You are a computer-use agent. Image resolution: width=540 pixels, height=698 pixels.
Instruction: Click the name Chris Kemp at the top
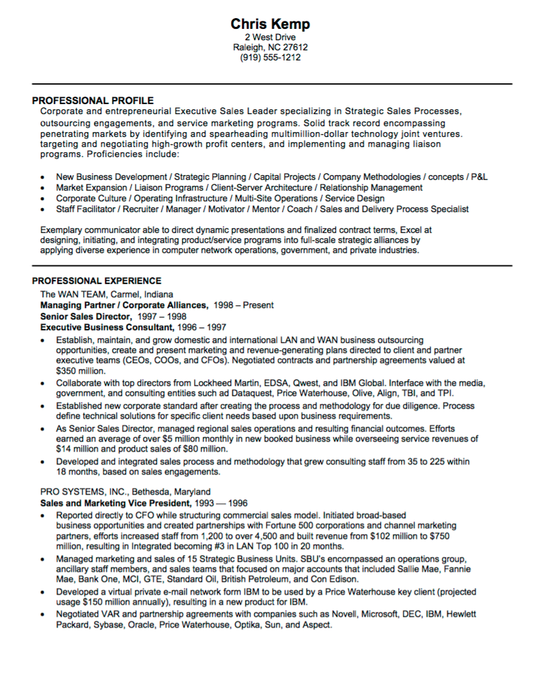point(270,24)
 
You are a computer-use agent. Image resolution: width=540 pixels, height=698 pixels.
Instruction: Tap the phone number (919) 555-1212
point(270,58)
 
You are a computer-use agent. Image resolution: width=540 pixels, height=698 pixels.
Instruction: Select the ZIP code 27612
point(295,48)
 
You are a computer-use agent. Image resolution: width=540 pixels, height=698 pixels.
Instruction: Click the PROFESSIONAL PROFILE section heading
point(93,101)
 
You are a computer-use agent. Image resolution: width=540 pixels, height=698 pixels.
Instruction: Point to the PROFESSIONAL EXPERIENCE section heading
point(97,281)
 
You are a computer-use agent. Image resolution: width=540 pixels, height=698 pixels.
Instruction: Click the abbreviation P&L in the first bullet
point(479,177)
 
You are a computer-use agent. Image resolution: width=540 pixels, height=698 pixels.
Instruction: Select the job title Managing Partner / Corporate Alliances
point(124,305)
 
